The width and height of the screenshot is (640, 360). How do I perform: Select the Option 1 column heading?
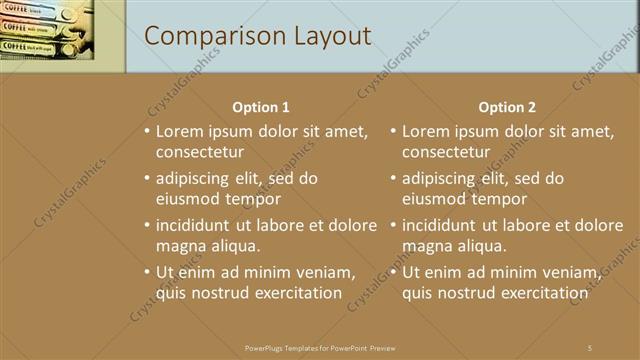pyautogui.click(x=261, y=107)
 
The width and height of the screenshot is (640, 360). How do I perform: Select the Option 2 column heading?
pyautogui.click(x=507, y=107)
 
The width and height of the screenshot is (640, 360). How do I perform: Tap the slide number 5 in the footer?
pyautogui.click(x=590, y=347)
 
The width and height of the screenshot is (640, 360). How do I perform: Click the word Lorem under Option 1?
pyautogui.click(x=180, y=131)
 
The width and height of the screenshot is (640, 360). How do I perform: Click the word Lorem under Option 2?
pyautogui.click(x=426, y=131)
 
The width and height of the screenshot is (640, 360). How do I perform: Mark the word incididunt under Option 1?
pyautogui.click(x=196, y=225)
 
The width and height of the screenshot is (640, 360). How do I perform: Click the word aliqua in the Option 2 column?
pyautogui.click(x=483, y=245)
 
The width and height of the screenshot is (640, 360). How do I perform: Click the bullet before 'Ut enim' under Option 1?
pyautogui.click(x=147, y=272)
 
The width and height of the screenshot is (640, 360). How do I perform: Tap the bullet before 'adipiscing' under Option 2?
pyautogui.click(x=393, y=178)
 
